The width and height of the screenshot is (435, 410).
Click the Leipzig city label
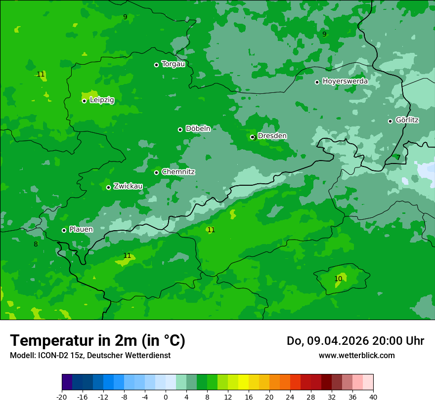pos(102,100)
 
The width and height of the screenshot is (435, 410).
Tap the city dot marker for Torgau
pos(156,65)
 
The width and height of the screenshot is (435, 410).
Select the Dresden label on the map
pos(272,136)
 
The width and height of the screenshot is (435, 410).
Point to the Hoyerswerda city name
pos(345,81)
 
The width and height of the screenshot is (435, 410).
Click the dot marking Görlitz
pos(390,121)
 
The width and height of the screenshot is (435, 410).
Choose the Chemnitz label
pos(178,172)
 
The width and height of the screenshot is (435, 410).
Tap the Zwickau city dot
pos(108,187)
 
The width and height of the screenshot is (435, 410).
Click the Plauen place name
pos(81,229)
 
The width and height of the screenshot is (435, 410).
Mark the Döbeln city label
pos(198,128)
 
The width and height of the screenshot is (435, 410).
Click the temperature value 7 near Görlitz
pos(398,158)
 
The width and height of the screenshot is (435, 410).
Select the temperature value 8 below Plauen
pos(36,244)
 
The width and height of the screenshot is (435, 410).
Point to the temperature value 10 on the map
pos(338,279)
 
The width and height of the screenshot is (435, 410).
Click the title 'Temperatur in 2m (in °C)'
pos(97,340)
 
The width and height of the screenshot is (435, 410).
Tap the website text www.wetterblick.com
pos(356,355)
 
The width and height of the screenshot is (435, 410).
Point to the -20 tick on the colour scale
pos(62,397)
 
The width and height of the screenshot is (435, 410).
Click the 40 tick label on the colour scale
pos(373,397)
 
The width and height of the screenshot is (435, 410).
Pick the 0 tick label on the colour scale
pos(166,397)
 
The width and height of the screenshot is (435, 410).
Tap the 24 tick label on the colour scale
pos(290,397)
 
